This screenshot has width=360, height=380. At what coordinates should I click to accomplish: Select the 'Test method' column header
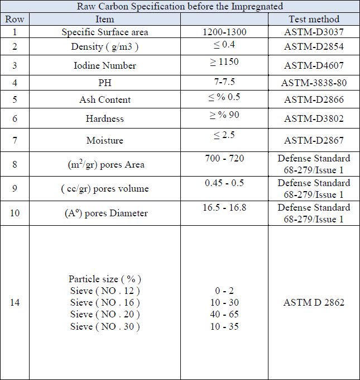pos(314,19)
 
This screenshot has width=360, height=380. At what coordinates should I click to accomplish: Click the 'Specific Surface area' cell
pos(104,32)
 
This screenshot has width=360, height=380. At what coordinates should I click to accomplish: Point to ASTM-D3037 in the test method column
pos(313,32)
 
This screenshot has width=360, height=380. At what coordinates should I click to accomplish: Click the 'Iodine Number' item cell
pos(104,65)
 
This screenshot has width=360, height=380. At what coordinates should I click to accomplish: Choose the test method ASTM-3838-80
pos(313,83)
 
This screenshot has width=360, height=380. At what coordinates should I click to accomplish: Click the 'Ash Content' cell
pos(104,100)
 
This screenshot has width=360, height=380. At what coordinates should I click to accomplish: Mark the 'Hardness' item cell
pos(104,118)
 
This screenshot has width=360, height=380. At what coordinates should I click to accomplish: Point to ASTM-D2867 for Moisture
pos(313,140)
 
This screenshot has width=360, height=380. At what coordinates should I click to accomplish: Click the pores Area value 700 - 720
pos(224,159)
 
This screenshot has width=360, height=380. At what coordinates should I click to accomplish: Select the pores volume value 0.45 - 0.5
pos(224,183)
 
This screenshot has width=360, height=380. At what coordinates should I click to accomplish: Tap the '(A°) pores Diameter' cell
pos(104,213)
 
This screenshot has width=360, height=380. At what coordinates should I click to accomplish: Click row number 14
pos(15,302)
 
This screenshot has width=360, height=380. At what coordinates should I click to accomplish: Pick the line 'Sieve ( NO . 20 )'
pos(105,314)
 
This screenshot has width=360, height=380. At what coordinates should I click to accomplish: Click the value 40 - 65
pos(224,314)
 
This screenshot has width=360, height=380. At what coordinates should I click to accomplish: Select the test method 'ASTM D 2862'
pos(314,302)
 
